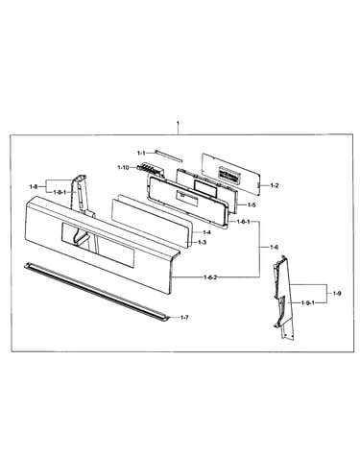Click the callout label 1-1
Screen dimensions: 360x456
pos(141,154)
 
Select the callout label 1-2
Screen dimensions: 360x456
pos(275,185)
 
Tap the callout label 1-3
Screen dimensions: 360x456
pos(202,243)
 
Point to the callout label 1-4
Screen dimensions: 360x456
pos(206,232)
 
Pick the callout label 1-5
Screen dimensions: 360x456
pos(252,205)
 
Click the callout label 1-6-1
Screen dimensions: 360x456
pos(244,222)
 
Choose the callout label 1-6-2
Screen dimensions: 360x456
pos(210,277)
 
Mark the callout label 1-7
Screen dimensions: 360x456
pos(184,318)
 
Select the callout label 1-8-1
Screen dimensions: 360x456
pos(60,192)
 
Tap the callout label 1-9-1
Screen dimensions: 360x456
pos(308,302)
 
